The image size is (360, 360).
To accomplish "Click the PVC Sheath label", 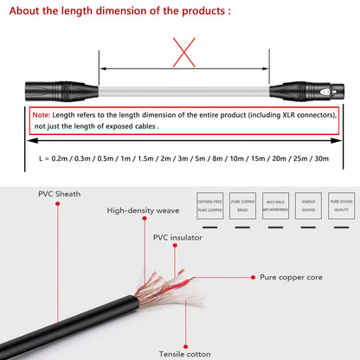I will pyautogui.click(x=58, y=194).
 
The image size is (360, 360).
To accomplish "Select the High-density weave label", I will pyautogui.click(x=143, y=210).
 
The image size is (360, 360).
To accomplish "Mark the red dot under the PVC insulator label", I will pyautogui.click(x=177, y=247).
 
